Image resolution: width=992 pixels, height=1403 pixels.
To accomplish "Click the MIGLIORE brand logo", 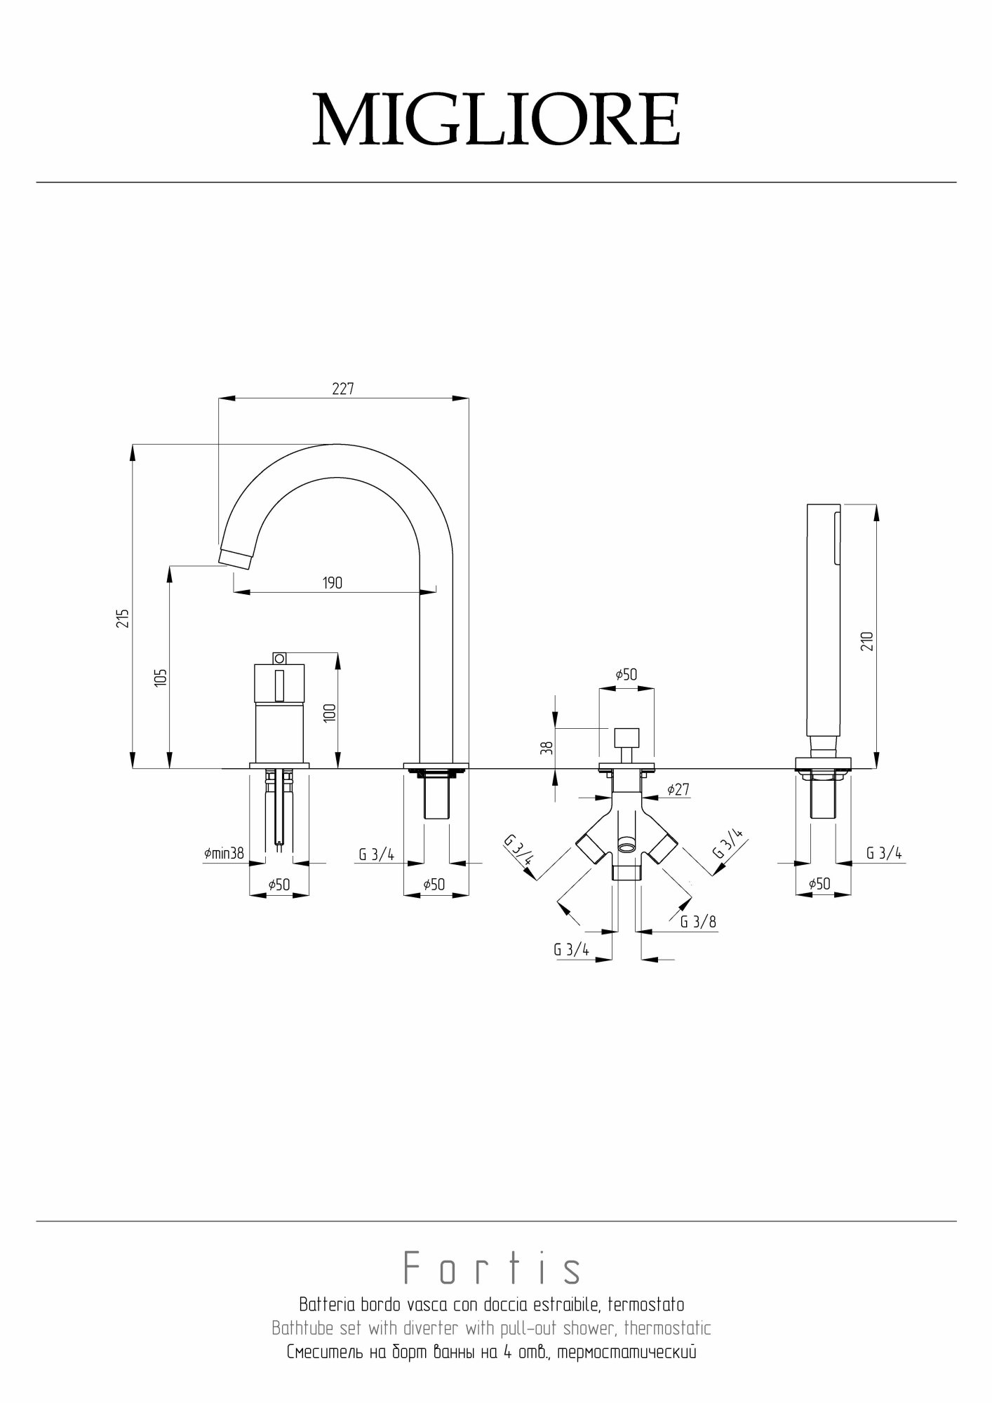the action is pos(496,119).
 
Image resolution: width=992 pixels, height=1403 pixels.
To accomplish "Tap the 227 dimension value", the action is pos(343,389).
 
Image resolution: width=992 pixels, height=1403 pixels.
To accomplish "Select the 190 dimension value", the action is pos(333,583).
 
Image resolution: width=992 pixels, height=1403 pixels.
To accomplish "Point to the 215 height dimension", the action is pos(123,618).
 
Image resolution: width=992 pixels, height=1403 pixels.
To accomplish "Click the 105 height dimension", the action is pos(161,678).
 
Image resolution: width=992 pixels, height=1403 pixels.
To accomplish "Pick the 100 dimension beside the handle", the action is pos(330,713).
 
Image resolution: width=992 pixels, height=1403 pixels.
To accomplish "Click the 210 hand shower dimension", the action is pos(867,641).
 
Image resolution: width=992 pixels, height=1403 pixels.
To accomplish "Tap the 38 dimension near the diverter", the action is pos(548,748).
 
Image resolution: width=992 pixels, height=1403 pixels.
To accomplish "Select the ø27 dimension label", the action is pos(678,790).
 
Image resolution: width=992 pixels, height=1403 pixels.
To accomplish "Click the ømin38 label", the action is pos(224,854).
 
